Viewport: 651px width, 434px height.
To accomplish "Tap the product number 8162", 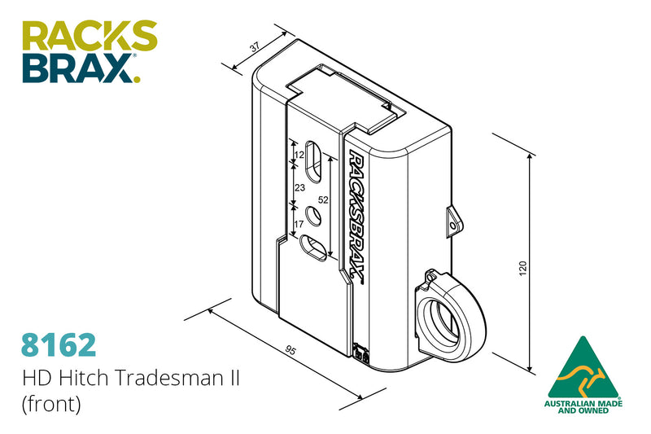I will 59,344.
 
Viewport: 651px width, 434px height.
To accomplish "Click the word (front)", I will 52,405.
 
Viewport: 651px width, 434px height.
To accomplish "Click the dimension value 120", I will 522,266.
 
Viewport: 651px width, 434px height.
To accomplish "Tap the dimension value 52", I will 322,199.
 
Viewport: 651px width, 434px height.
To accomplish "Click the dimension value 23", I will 299,187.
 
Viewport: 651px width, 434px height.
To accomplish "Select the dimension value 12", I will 299,154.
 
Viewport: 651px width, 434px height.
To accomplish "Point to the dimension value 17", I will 299,221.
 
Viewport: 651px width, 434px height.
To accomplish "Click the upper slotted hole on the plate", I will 312,160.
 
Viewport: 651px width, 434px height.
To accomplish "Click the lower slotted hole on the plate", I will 314,247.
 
